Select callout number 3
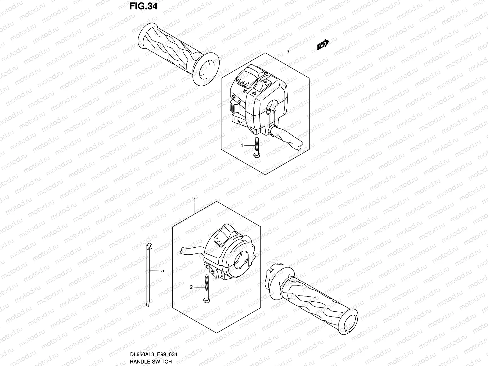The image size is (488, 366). coord(288,52)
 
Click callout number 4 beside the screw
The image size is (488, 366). coord(242,145)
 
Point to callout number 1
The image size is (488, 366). coord(194,200)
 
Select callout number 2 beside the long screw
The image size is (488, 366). coord(191,287)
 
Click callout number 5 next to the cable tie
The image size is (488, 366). coord(162,270)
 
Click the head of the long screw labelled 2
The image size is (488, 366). coord(206,301)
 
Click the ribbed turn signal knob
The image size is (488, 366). coord(232,107)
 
